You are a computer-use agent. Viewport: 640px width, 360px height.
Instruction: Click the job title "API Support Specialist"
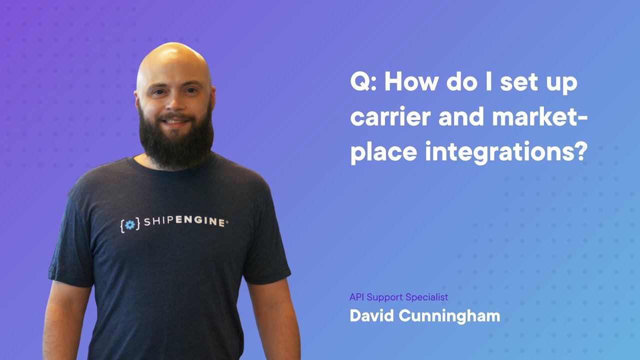(398, 297)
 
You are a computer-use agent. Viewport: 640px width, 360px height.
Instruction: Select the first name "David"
(370, 316)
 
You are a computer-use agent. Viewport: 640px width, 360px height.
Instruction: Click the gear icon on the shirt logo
(130, 224)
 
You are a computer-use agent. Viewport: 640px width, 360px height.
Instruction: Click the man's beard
(176, 142)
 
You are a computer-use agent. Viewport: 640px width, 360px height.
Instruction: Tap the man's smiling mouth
(175, 121)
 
